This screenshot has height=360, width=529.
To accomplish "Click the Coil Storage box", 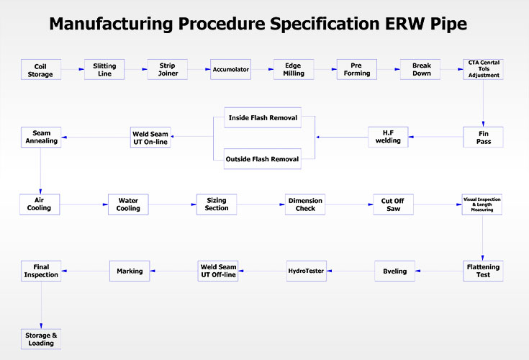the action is pos(41,70).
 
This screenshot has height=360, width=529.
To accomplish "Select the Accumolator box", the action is pos(230,70).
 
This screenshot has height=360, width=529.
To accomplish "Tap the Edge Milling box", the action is pos(294,70).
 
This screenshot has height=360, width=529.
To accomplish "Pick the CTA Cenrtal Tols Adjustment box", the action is pos(483,70).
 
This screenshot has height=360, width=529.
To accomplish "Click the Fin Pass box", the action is pos(483,137).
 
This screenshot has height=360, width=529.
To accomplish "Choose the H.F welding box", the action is pos(388,137).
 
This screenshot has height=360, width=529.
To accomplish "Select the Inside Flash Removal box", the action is pos(263,118).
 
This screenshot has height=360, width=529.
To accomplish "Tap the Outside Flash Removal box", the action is pos(263,159).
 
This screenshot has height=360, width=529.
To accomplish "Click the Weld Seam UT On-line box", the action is pos(150,138).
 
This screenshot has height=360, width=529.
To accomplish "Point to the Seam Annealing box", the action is pos(41,137).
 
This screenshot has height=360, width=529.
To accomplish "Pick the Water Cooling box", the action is pos(128,204).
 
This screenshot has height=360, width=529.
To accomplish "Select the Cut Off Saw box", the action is pos(393,204).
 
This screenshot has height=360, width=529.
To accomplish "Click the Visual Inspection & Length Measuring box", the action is pos(481,204).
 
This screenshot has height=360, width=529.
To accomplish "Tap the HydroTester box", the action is pos(307,271).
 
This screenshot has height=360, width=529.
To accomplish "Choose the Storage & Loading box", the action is pos(41,339).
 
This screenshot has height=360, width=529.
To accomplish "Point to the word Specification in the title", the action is pos(325,24).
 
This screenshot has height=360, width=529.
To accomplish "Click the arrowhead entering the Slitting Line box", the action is pos(81,69).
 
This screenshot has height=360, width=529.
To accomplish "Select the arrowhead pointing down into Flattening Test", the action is pos(482,258).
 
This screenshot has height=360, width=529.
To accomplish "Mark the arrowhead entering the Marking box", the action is pos(153,271).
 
